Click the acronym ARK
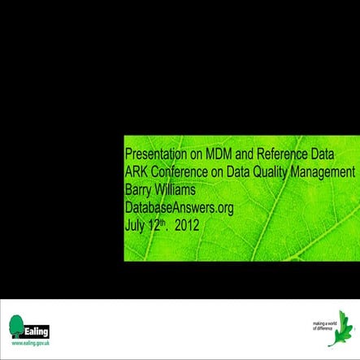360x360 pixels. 137,171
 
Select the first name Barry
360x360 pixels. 139,189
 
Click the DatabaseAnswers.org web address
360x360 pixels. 179,207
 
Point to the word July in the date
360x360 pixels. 134,224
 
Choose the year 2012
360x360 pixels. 186,224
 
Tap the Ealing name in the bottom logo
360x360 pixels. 38,331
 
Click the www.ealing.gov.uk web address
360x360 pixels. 28,345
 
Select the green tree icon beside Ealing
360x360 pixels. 15,327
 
